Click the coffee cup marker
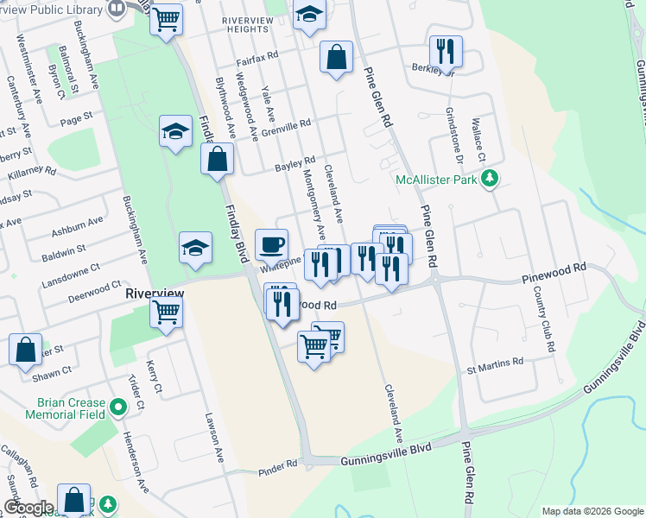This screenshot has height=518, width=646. [x=272, y=244]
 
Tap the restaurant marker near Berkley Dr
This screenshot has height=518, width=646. [x=446, y=52]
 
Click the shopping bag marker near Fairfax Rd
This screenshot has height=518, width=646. [x=336, y=58]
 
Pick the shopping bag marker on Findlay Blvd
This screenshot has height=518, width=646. [x=217, y=160]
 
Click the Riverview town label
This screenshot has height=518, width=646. [x=155, y=294]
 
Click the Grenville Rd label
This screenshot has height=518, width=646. [x=285, y=127]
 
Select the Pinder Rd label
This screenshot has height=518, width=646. [x=276, y=464]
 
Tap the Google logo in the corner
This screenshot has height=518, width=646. [x=29, y=508]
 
